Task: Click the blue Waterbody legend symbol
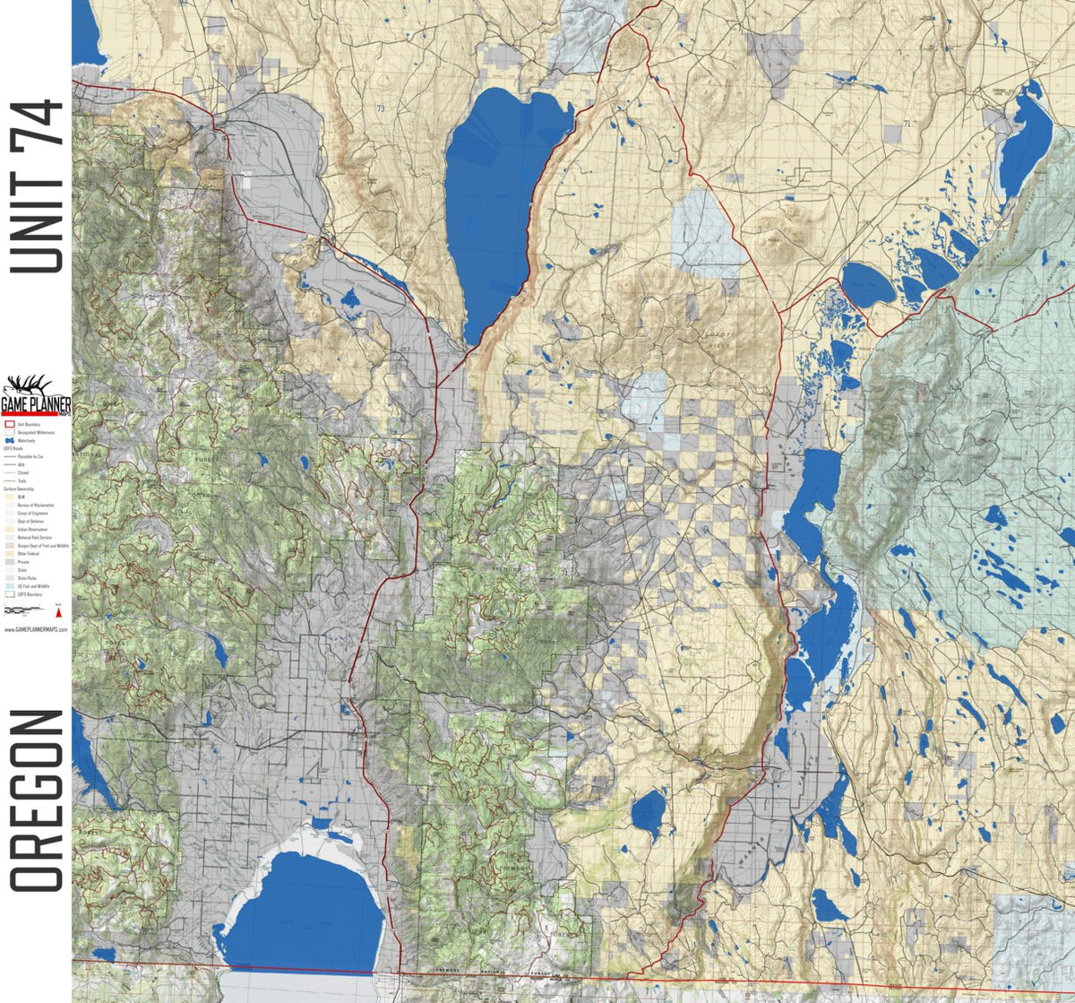(10, 441)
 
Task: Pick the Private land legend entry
(23, 562)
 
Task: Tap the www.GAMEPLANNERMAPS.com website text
(36, 629)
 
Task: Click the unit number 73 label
(381, 108)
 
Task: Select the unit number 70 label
(932, 546)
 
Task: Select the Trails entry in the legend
(21, 481)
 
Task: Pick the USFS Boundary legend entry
(27, 594)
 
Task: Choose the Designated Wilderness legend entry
(31, 433)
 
